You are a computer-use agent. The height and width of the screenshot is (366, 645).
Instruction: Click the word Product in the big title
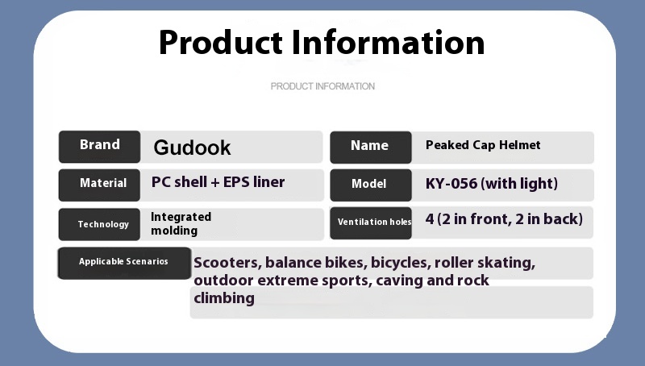pos(220,42)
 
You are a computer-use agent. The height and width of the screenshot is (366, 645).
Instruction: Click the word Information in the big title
pos(388,42)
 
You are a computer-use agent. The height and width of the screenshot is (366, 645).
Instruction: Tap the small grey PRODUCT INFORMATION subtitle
pos(322,86)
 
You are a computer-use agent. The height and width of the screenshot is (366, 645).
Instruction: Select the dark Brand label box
pos(99,147)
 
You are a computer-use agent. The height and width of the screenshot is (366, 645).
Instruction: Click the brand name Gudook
pos(192,148)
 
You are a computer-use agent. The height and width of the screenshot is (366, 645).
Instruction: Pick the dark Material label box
pos(99,185)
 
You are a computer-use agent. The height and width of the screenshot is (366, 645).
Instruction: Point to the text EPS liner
pos(254,181)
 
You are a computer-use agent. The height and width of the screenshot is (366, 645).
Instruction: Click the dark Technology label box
pos(99,224)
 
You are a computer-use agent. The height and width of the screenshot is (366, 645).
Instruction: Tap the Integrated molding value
pos(181,224)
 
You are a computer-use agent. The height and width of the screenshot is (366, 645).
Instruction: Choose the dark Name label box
pos(371,148)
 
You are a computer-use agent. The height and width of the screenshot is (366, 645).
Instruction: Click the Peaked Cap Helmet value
pos(483,145)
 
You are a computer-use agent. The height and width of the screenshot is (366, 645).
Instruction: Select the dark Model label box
pos(371,185)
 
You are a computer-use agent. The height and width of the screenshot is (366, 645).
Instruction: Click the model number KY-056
pos(451,184)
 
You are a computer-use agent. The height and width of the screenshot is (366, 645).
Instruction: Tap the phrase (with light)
pos(519,184)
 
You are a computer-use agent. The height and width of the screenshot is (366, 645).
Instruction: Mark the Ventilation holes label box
pos(371,223)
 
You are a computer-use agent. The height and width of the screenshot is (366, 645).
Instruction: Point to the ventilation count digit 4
pos(430,219)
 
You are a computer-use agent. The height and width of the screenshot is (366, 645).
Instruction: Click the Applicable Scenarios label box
pos(124,263)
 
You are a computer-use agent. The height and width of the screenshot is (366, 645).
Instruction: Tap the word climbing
pos(224,298)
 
